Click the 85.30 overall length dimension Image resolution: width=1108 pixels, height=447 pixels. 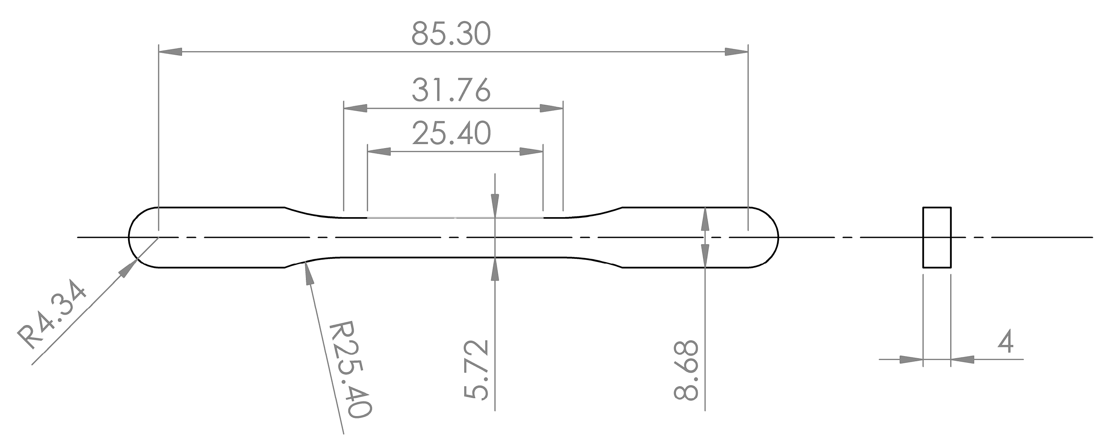point(451,34)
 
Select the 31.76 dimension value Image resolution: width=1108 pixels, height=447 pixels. point(451,91)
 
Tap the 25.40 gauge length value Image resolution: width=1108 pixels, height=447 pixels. point(451,133)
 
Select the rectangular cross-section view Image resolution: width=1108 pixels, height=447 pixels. point(937,237)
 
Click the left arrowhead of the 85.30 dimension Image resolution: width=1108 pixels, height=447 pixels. point(170,52)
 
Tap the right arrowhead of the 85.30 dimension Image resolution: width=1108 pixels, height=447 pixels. point(737,52)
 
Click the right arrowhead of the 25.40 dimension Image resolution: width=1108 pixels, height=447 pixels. point(532,151)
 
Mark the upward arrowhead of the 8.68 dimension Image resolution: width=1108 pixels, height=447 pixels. point(705,220)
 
